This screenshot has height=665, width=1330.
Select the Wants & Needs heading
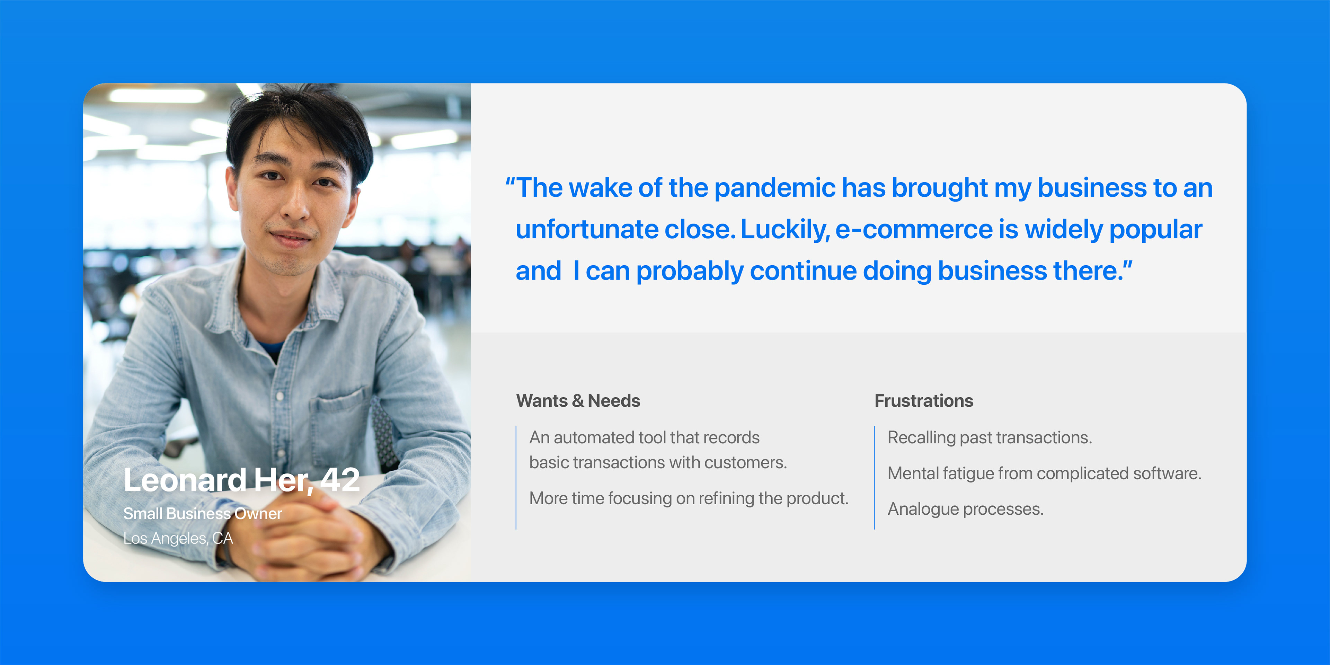578,401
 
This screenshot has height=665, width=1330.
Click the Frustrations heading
924,401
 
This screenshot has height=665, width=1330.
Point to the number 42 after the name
340,480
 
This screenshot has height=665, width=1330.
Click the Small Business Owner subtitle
202,513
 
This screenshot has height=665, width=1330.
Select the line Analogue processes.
966,509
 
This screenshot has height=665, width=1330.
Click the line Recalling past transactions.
990,438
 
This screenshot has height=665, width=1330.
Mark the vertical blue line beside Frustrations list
875,478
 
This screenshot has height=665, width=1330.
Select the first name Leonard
185,480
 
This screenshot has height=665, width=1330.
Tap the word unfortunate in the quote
587,229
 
